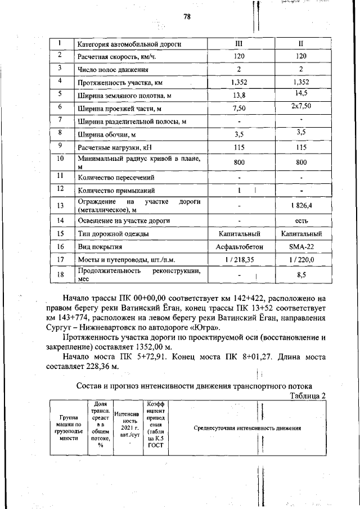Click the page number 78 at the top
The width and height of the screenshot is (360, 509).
[187, 17]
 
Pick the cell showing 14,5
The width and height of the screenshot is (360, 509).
[301, 93]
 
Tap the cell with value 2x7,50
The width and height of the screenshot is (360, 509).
[301, 106]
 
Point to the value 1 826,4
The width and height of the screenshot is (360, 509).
[301, 206]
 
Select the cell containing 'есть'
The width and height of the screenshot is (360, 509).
[301, 220]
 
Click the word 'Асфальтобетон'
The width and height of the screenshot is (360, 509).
[239, 246]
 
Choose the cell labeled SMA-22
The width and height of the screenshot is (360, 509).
[301, 246]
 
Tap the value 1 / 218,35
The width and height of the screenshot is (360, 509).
[239, 260]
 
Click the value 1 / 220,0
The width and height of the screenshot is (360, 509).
[301, 260]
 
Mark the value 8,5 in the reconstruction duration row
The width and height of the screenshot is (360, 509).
[301, 276]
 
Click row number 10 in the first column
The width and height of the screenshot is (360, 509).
[60, 159]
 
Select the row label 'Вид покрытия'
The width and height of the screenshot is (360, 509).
[100, 246]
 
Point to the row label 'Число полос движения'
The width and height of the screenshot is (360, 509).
[112, 70]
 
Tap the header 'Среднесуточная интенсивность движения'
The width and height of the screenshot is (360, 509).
[247, 428]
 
